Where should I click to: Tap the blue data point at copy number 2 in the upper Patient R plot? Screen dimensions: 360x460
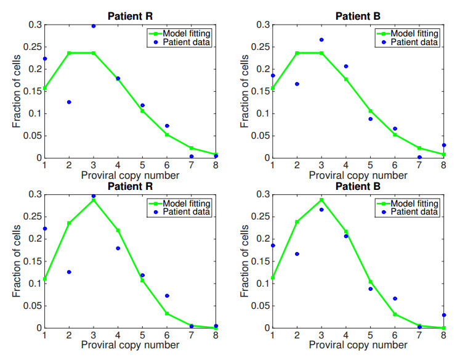tap(69, 102)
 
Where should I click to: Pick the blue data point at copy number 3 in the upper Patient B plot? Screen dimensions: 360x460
tap(321, 39)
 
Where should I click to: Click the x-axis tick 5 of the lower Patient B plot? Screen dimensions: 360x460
tap(370, 335)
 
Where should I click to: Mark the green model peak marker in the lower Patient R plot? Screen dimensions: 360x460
tap(94, 200)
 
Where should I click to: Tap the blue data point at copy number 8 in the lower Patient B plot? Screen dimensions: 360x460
tap(443, 315)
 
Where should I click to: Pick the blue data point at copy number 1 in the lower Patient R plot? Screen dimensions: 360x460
tap(44, 229)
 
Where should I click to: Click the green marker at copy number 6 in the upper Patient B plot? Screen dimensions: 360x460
tap(395, 134)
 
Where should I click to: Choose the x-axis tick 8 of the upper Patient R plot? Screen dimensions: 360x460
tap(216, 165)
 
